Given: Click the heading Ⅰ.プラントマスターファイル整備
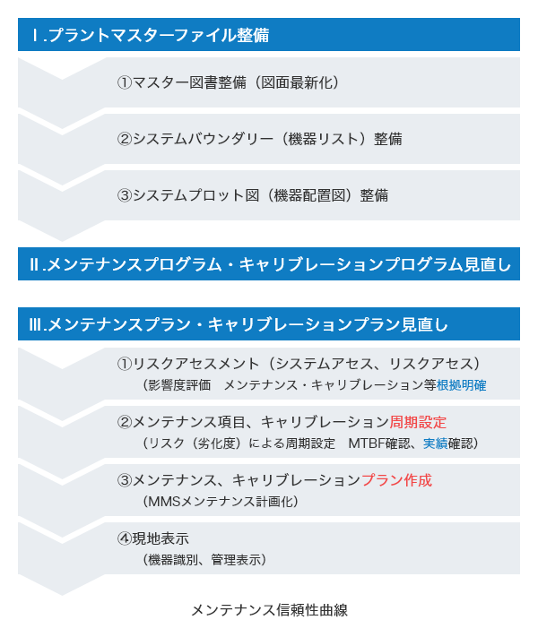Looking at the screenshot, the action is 151,35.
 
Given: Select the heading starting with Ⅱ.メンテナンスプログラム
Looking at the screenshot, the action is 270,264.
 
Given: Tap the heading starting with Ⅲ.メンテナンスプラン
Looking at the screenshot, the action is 239,324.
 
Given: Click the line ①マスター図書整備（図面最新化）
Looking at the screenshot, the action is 228,82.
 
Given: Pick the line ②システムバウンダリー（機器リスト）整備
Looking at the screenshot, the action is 260,139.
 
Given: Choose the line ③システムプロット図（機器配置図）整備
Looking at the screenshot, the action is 253,195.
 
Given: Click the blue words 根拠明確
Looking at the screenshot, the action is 461,385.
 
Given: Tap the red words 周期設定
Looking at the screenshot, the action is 418,422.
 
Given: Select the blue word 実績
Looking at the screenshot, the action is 435,443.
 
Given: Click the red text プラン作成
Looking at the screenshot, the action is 396,480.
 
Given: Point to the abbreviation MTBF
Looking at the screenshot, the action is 367,443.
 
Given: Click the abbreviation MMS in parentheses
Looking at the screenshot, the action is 164,502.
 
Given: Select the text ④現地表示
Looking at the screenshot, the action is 153,538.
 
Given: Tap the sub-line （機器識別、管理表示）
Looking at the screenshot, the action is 204,560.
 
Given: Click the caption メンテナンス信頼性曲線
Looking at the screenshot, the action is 269,610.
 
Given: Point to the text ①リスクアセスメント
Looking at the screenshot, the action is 188,364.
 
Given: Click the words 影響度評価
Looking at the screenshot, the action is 179,385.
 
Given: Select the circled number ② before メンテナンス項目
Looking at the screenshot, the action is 125,422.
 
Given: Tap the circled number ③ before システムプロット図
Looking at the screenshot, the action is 125,195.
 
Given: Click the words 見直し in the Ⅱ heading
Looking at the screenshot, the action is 487,264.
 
